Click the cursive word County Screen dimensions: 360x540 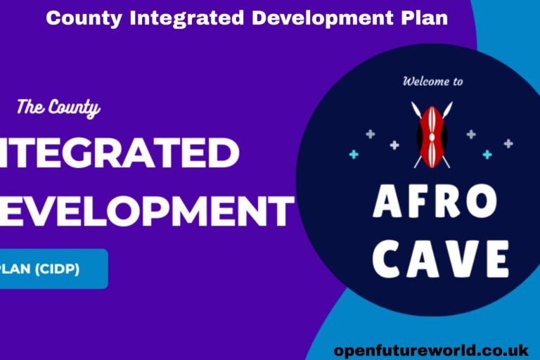click(74, 109)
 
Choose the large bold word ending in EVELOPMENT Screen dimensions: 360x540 click(145, 210)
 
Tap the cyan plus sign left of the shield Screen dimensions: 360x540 click(354, 154)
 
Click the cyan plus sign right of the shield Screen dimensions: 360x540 click(487, 154)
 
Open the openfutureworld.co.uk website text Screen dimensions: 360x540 click(430, 348)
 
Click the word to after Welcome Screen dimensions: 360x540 click(456, 82)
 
